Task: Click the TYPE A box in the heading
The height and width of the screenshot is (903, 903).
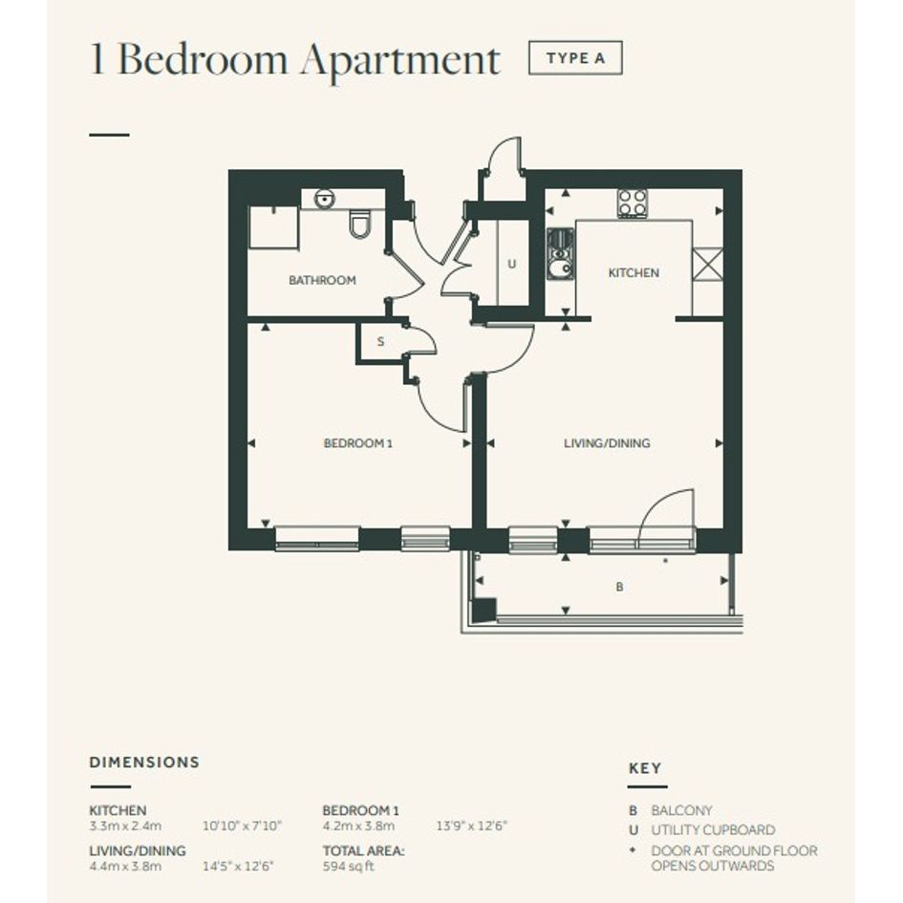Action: pyautogui.click(x=575, y=57)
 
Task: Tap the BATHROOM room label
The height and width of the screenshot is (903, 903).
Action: pyautogui.click(x=323, y=281)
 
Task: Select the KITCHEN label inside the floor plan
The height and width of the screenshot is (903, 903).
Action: pyautogui.click(x=634, y=272)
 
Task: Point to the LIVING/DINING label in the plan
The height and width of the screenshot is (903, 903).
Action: pyautogui.click(x=607, y=442)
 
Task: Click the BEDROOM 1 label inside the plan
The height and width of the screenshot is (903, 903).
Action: pyautogui.click(x=358, y=443)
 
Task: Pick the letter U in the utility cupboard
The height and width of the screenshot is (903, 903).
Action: pyautogui.click(x=512, y=265)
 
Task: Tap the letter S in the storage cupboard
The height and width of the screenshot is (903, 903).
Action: pyautogui.click(x=380, y=341)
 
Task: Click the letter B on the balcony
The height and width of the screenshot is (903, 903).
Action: pyautogui.click(x=619, y=587)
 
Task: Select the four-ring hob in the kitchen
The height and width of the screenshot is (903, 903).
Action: pyautogui.click(x=633, y=203)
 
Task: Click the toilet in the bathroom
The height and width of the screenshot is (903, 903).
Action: pyautogui.click(x=361, y=223)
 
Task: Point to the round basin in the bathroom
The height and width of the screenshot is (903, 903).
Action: pyautogui.click(x=324, y=200)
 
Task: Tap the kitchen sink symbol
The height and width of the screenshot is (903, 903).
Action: pyautogui.click(x=560, y=254)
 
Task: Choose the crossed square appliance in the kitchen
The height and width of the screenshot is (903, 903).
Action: pyautogui.click(x=707, y=265)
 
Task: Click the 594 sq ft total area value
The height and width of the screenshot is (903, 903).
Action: pyautogui.click(x=349, y=866)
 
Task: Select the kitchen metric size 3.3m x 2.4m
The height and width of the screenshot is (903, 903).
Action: pyautogui.click(x=125, y=826)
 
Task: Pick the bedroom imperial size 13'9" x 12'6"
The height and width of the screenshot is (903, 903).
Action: pyautogui.click(x=472, y=826)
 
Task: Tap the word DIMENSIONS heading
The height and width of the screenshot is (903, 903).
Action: pyautogui.click(x=144, y=762)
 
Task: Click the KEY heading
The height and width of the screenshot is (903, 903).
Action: pyautogui.click(x=645, y=768)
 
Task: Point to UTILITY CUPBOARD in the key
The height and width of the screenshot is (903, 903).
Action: pyautogui.click(x=713, y=829)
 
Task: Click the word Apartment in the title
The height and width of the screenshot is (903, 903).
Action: pyautogui.click(x=400, y=60)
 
